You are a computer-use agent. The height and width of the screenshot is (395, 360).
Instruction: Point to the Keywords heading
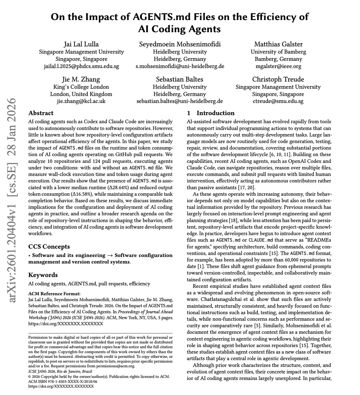click(43, 275)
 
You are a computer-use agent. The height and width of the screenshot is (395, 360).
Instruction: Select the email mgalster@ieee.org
click(278, 66)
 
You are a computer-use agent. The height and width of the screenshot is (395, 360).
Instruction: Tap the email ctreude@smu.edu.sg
click(278, 101)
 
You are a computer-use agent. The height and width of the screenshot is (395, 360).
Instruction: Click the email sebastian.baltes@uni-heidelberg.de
click(180, 101)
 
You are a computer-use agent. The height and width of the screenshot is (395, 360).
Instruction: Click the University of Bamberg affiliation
click(278, 52)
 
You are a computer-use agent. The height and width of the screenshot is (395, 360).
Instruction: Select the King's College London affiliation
click(81, 87)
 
